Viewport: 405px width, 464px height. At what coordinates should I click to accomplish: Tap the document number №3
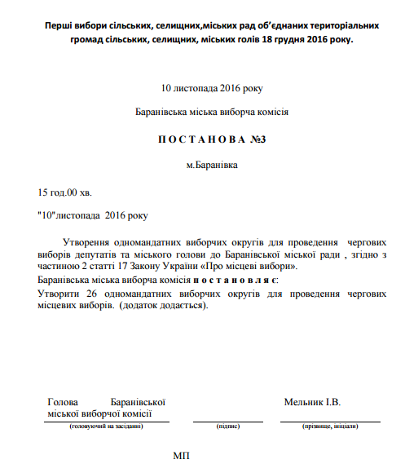[x=258, y=139]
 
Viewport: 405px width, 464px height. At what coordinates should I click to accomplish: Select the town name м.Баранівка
[x=212, y=166]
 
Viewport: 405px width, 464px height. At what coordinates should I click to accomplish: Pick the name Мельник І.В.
[x=312, y=402]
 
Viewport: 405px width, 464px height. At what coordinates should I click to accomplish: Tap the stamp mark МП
[x=181, y=453]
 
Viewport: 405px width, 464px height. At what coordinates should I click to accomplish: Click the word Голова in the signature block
[x=63, y=402]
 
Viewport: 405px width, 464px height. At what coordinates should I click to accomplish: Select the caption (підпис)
[x=227, y=426]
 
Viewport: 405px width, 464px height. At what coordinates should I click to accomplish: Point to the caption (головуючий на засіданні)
[x=107, y=426]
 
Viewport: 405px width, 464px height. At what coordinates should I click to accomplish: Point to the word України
[x=212, y=267]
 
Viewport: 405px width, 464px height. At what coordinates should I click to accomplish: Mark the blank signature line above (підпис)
[x=227, y=420]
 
